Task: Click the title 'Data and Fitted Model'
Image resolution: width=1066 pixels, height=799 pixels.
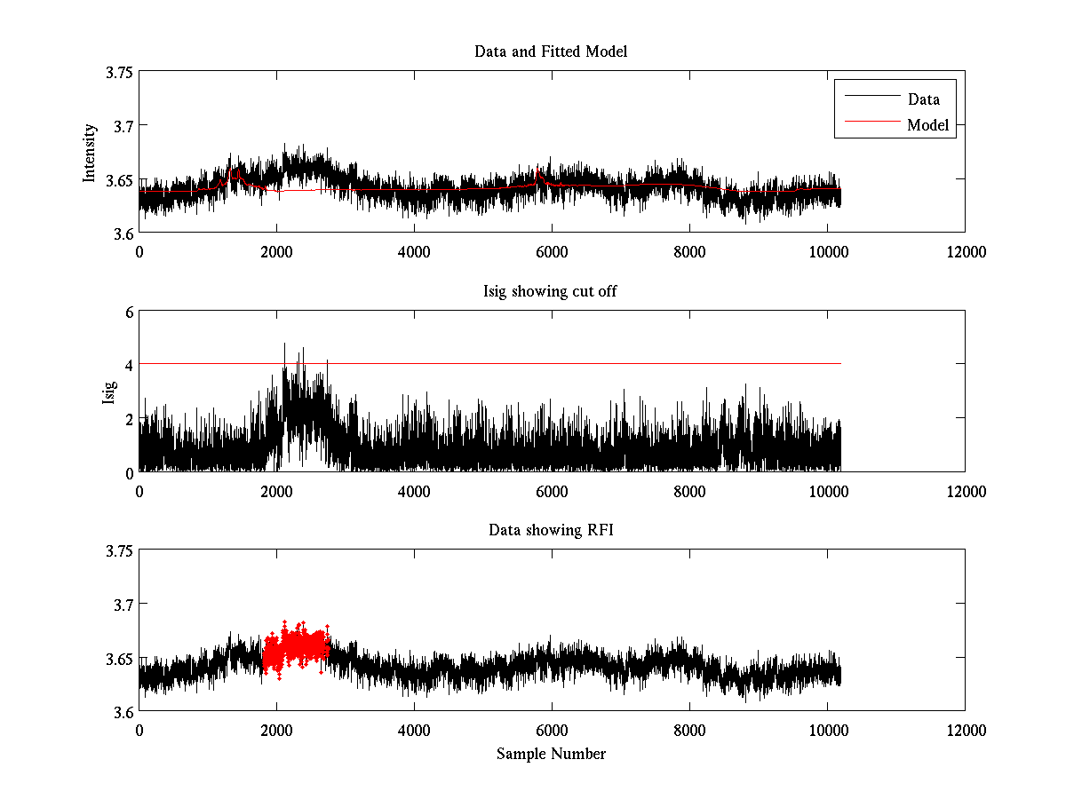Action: pos(551,51)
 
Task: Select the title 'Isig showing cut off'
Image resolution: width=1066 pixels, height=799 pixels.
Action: pos(551,291)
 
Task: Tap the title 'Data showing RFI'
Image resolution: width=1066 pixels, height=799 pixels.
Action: pos(551,530)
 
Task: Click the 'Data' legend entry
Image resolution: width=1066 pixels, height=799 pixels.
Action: pos(923,99)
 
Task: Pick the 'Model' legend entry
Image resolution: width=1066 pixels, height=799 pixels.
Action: pos(927,125)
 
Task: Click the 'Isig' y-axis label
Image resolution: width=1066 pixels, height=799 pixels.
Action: pos(108,392)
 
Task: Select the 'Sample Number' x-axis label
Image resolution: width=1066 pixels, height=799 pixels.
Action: pos(551,754)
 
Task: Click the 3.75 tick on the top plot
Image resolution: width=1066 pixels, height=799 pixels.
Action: pos(119,73)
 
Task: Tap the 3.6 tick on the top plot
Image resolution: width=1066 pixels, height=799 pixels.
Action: pos(123,233)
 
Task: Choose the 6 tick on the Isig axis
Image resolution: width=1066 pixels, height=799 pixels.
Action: pos(128,312)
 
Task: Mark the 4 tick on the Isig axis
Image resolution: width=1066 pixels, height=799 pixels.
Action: pos(128,365)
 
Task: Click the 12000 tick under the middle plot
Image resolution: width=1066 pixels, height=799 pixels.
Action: pos(965,491)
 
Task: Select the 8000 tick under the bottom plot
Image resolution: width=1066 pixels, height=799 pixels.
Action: pos(689,730)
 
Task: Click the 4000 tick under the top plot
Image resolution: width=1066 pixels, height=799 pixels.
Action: pos(414,252)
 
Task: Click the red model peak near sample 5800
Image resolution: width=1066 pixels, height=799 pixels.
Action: pos(538,170)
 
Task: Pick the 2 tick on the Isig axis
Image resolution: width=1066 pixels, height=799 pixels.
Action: pos(128,418)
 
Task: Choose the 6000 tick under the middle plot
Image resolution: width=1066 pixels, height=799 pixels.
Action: pos(552,491)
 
